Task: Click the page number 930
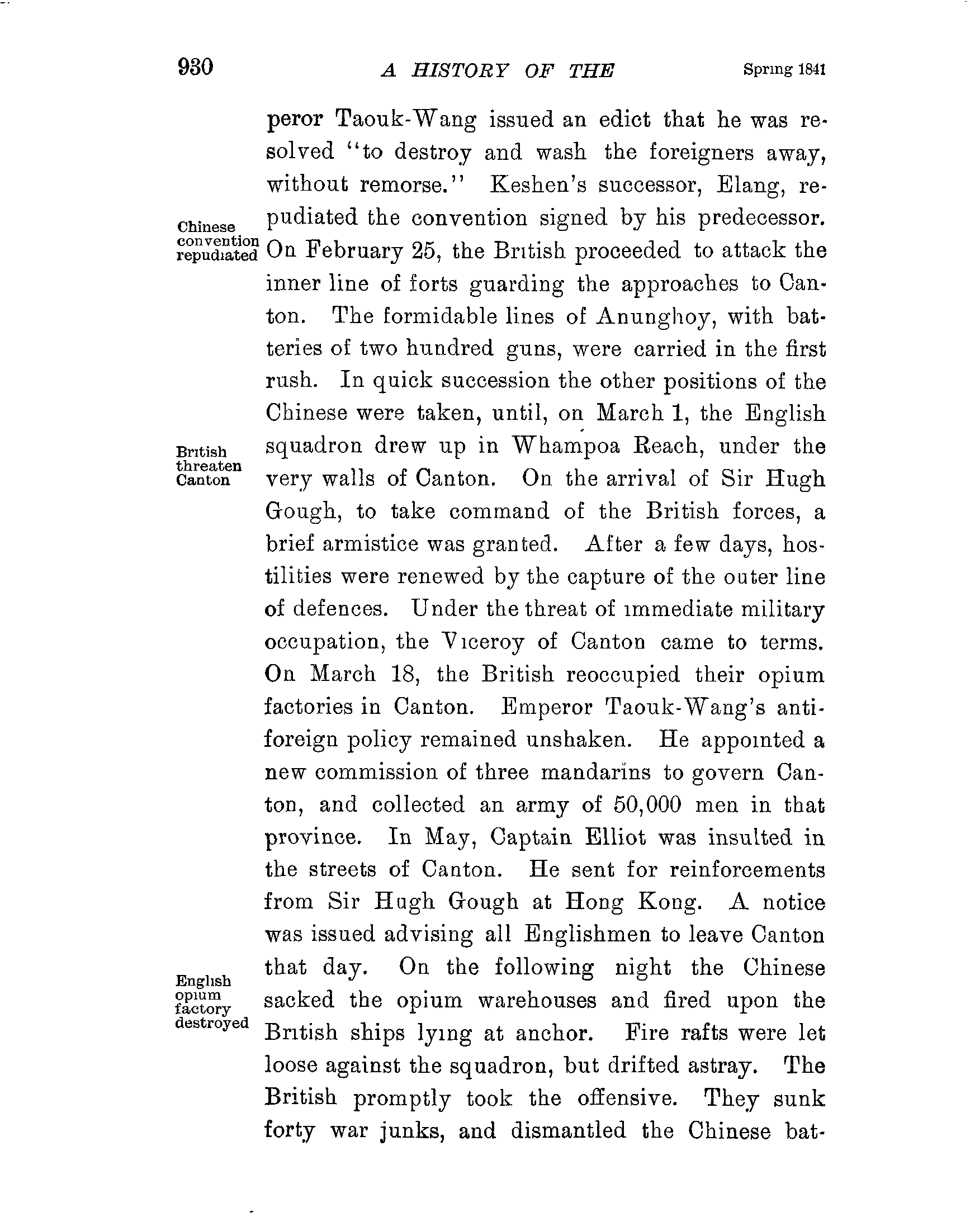pyautogui.click(x=195, y=68)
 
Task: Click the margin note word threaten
pyautogui.click(x=209, y=466)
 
